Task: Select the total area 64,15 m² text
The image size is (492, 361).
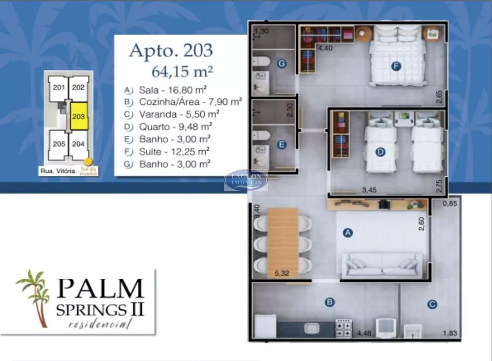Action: click(182, 71)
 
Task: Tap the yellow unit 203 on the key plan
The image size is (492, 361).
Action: click(79, 116)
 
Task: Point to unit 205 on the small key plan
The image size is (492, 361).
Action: click(59, 145)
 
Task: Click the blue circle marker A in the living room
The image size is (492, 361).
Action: click(348, 233)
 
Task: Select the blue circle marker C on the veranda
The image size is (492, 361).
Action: click(432, 305)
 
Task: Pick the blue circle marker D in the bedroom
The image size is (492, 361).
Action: click(380, 152)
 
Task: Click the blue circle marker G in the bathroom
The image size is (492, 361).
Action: click(281, 64)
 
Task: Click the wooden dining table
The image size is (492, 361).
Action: click(283, 241)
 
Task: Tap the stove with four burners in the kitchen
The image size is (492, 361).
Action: click(343, 328)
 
